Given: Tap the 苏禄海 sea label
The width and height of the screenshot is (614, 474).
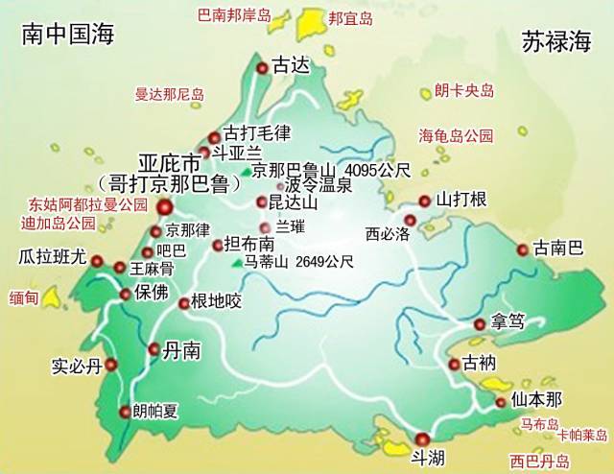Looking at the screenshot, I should [555, 40].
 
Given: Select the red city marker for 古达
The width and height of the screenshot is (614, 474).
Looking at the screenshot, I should [262, 66].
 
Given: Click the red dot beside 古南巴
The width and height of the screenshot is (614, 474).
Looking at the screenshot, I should [522, 249].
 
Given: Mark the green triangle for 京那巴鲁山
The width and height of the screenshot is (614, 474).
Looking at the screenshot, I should [247, 172].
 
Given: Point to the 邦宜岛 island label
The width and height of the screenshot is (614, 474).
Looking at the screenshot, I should [350, 17].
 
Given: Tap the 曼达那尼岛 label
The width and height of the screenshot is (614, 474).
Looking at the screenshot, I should [170, 94].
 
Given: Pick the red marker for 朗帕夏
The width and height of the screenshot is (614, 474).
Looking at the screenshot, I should [124, 413].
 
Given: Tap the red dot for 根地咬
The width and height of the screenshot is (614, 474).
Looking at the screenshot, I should [184, 303].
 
